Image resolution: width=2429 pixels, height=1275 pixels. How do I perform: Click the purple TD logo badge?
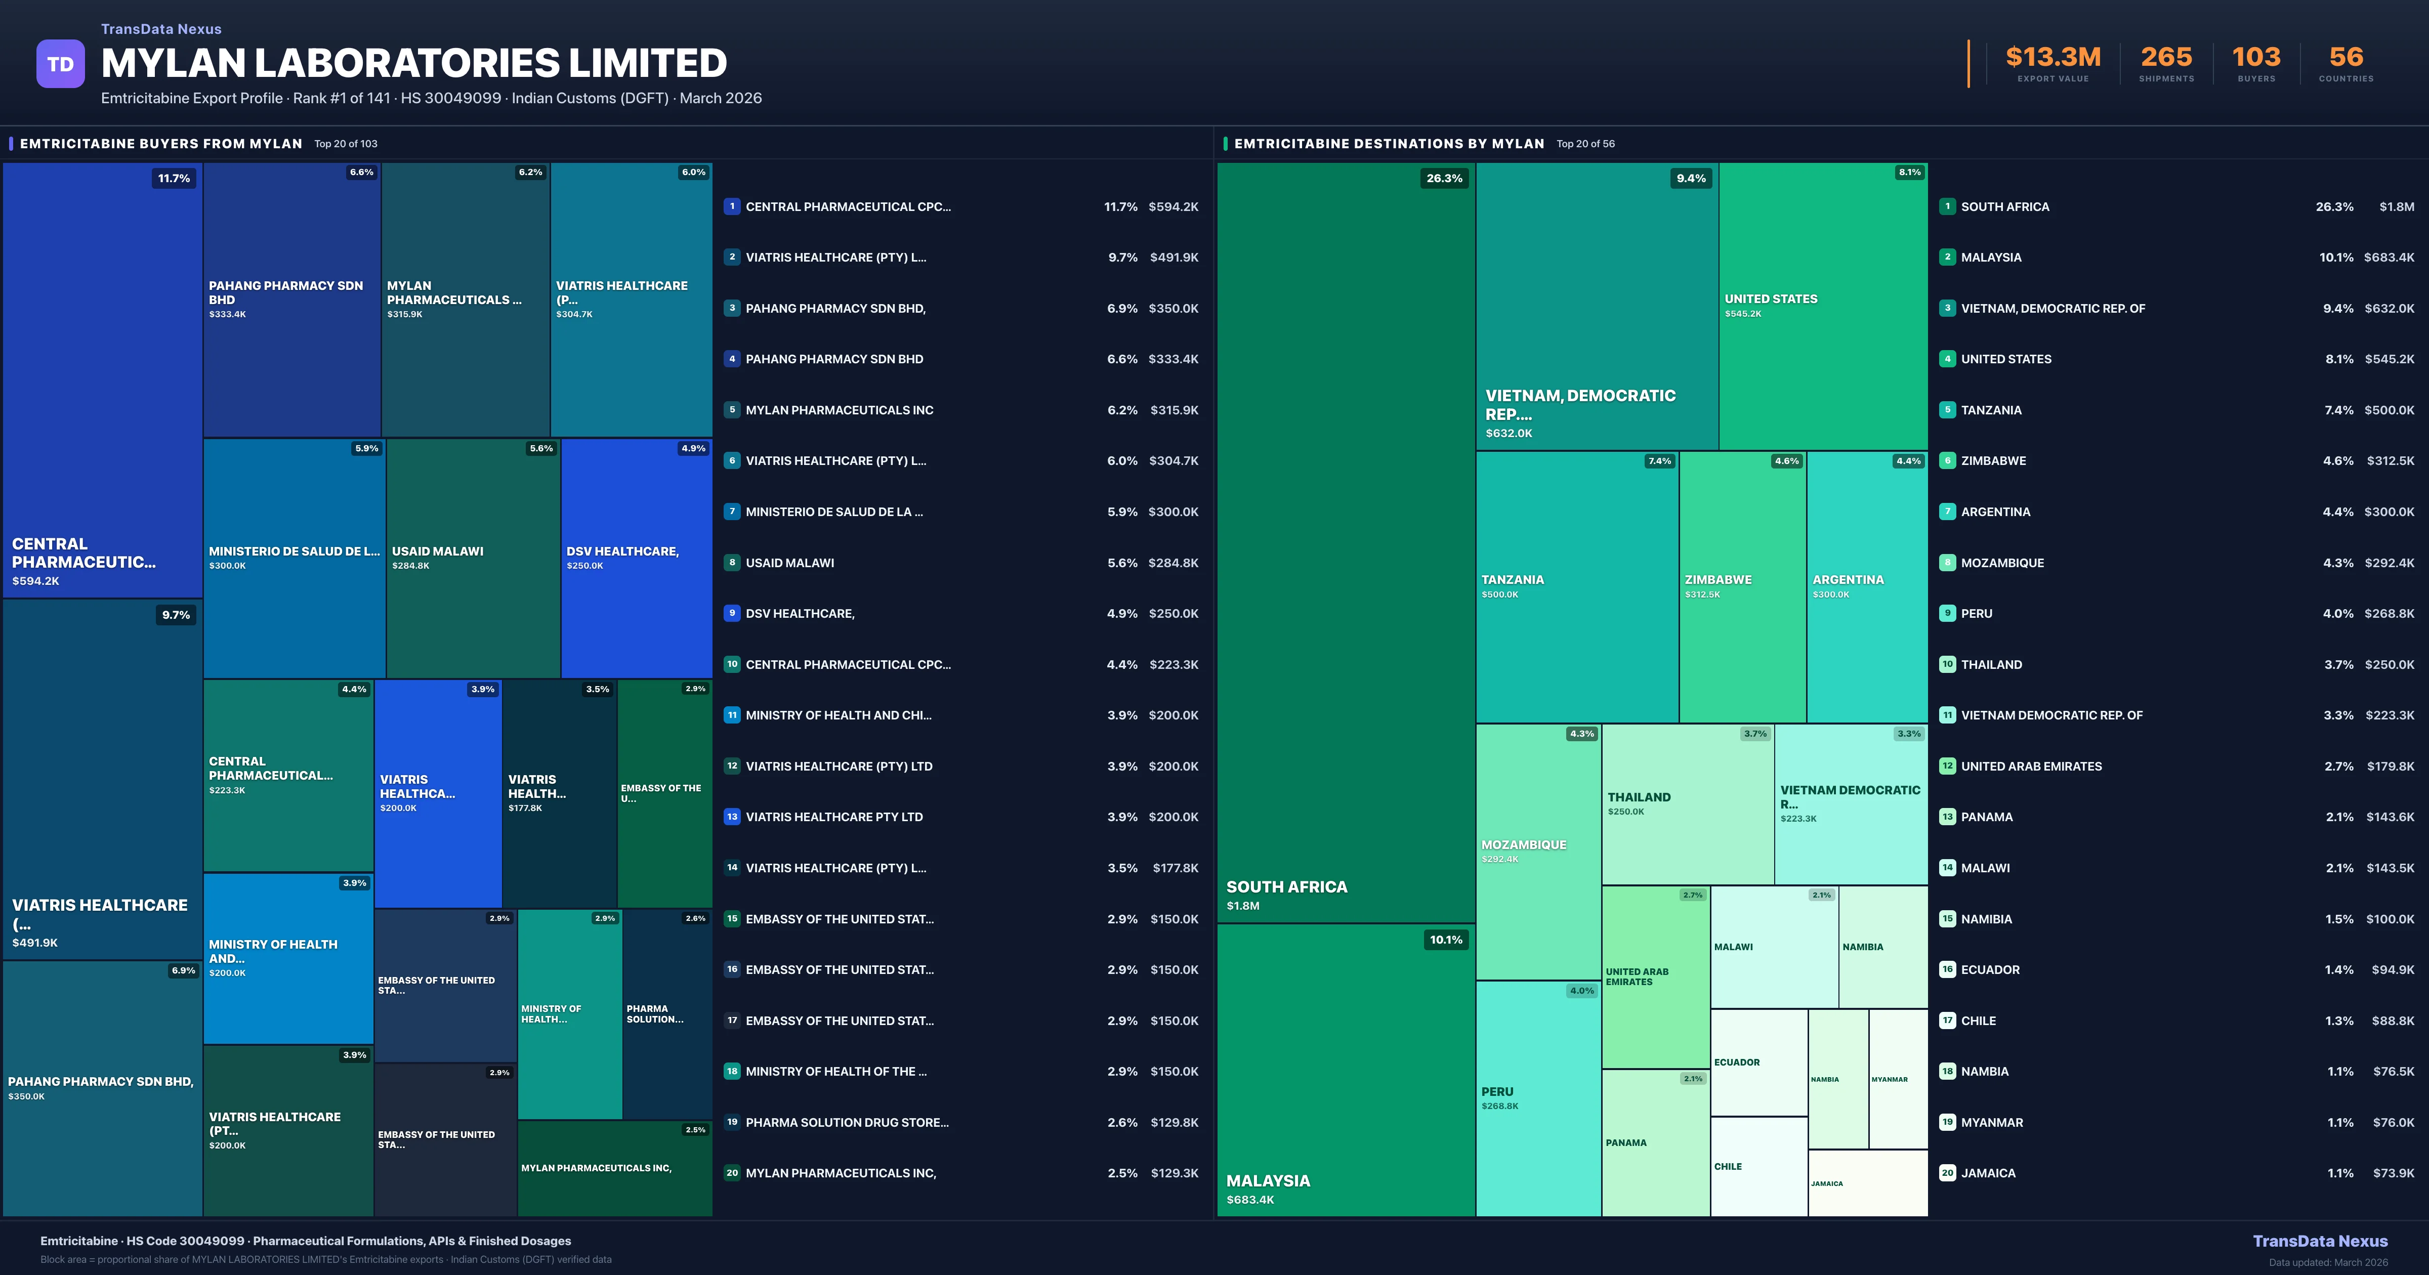60,64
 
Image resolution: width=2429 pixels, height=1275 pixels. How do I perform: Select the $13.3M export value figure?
2053,58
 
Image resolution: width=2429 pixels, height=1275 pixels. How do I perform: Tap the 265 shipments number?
2166,58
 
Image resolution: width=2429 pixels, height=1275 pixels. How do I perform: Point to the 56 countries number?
2346,58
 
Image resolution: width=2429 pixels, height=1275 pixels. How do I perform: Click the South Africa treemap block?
1346,542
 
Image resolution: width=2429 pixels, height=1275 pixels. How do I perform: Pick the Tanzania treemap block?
1577,586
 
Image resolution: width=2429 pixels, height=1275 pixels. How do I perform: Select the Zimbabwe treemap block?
1742,586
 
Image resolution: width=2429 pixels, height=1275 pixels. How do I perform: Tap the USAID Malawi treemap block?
473,558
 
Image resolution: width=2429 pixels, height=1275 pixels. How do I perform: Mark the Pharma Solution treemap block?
666,1014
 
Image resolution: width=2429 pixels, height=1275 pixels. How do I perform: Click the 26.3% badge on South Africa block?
1444,178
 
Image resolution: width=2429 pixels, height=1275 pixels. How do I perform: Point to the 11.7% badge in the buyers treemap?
174,178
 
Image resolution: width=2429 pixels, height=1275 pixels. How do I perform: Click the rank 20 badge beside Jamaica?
1947,1173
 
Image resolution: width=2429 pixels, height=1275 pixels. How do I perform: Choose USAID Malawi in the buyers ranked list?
789,563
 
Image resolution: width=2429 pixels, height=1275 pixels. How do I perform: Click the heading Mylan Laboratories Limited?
414,63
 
